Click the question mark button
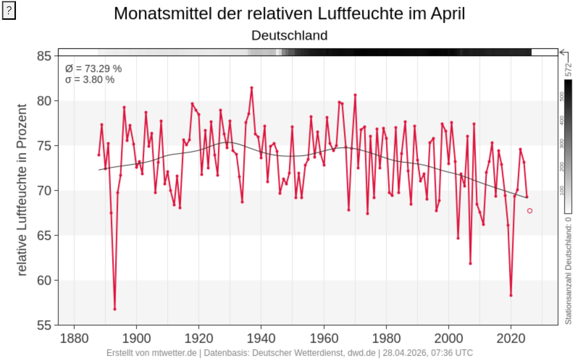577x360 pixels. coord(9,12)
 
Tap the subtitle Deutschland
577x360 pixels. coord(289,35)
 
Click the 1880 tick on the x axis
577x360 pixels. coord(74,337)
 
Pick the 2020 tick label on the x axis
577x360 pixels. coord(511,337)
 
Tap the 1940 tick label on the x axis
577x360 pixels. coord(261,337)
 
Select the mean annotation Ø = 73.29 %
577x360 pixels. coord(93,69)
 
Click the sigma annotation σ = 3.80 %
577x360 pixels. coord(90,80)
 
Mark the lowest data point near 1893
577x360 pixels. coord(114,309)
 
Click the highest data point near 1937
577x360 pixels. coord(252,88)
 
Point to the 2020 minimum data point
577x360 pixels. coord(511,295)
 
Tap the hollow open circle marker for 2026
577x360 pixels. coord(530,210)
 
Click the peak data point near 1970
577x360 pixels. coord(355,95)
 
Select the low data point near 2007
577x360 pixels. coord(470,263)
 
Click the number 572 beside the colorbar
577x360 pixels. coord(568,69)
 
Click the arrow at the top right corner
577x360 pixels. coord(563,52)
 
